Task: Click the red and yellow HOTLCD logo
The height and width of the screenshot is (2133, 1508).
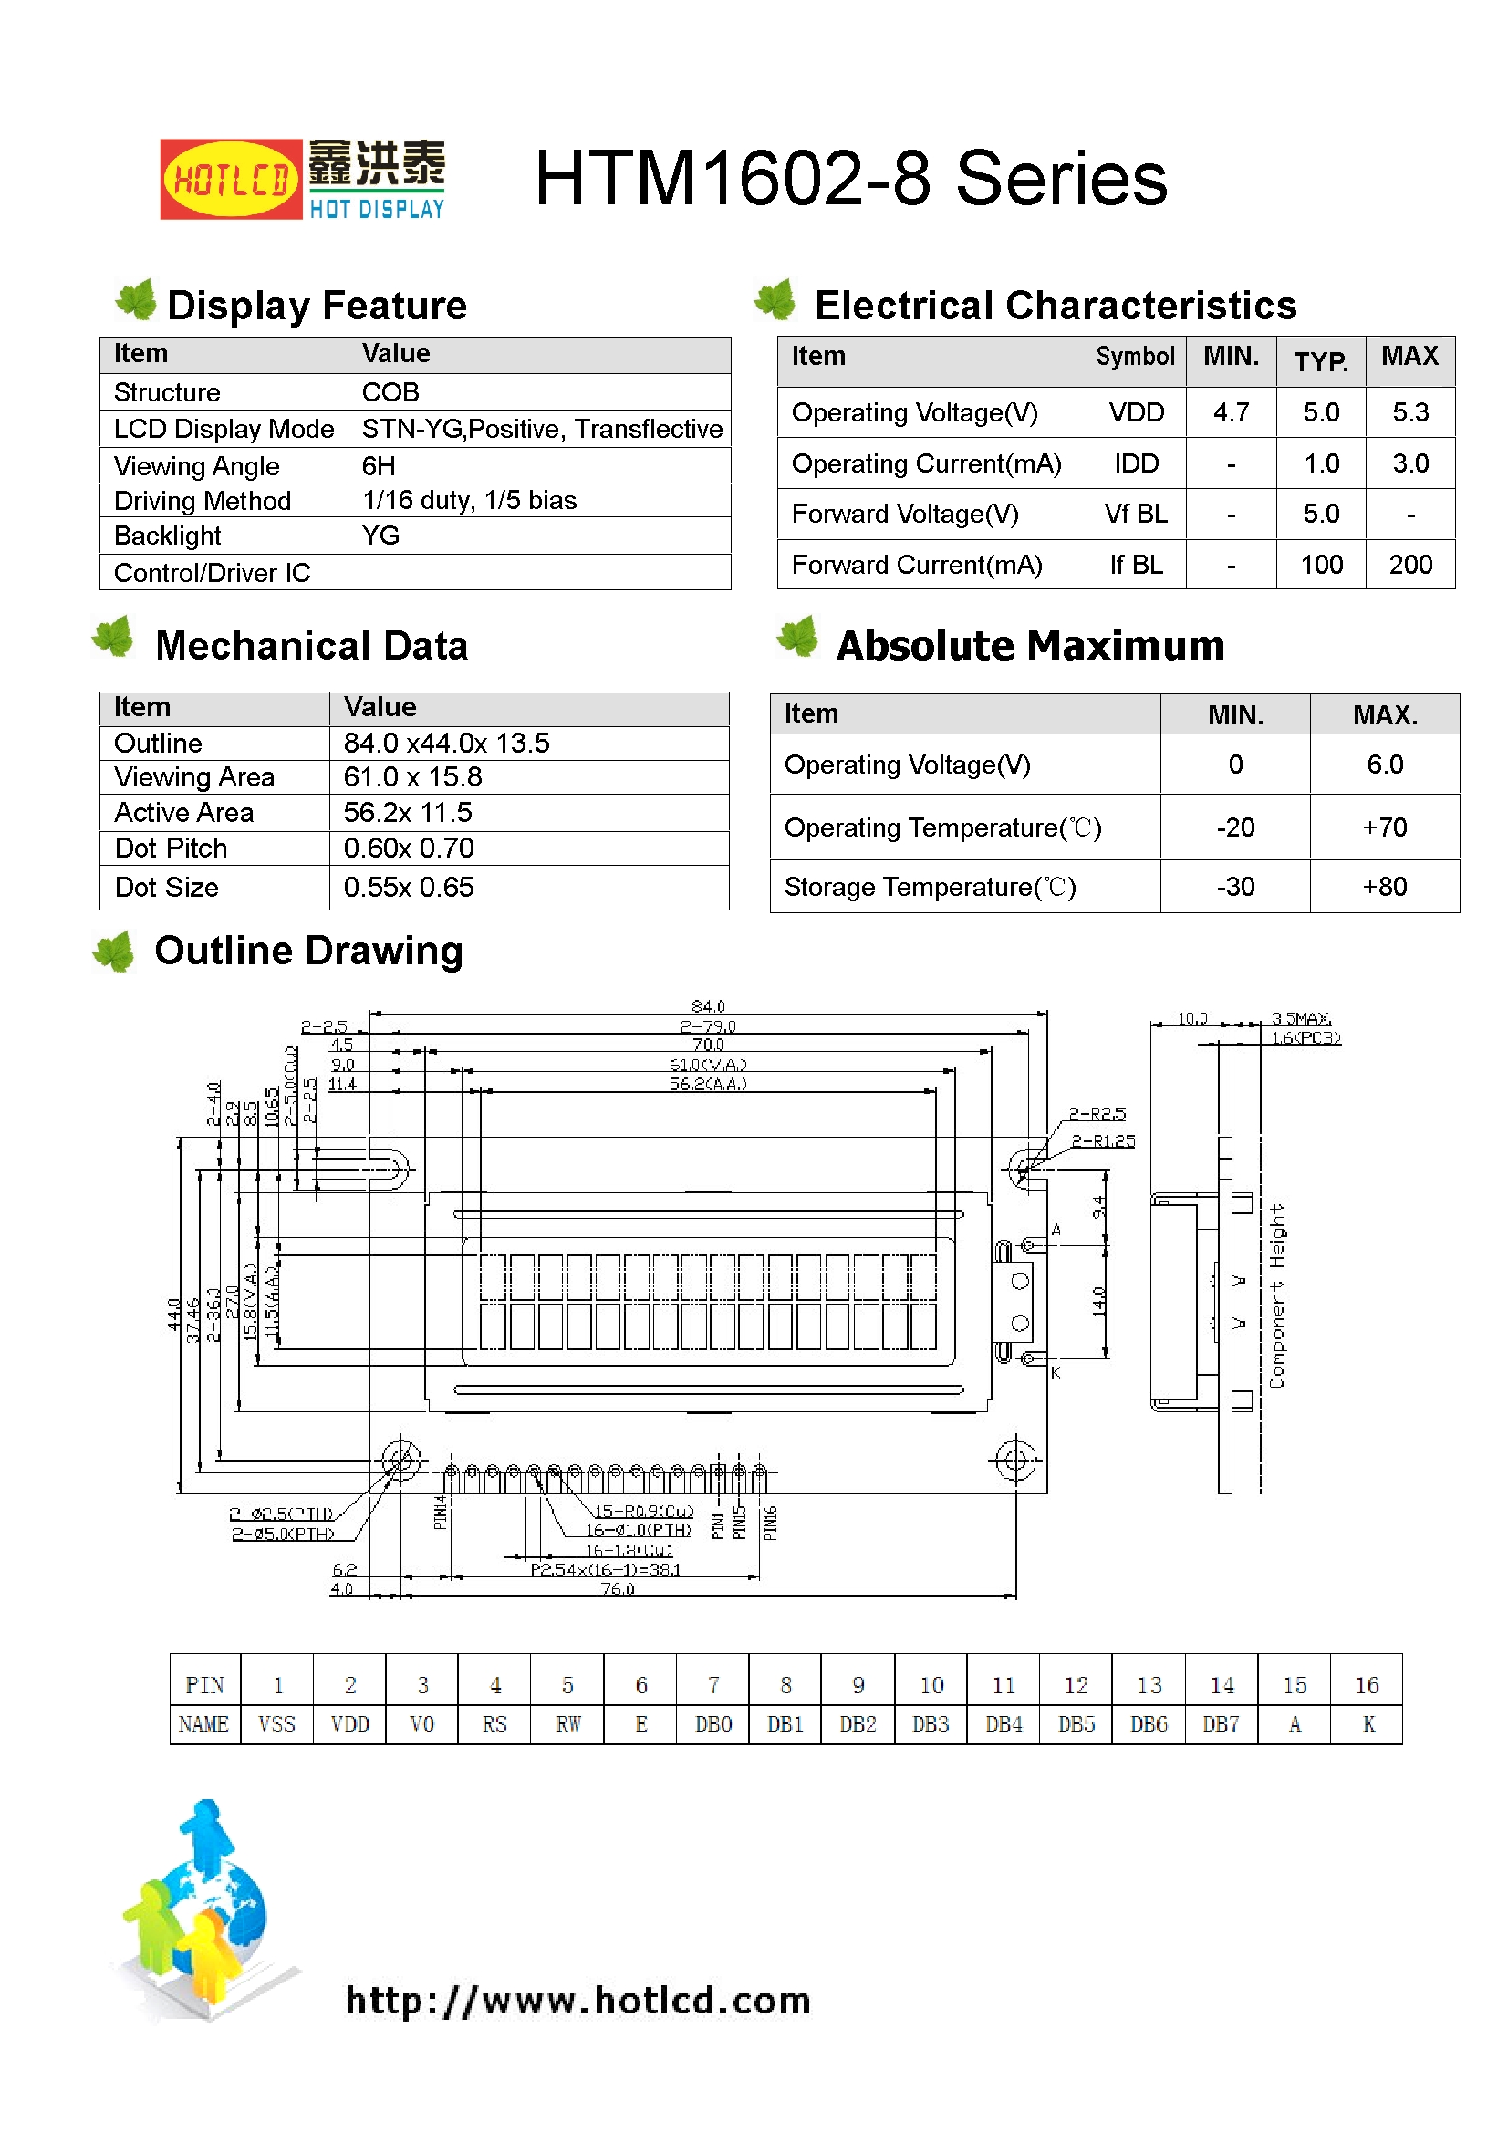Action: click(x=231, y=180)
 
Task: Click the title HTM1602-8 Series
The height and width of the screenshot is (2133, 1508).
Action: click(x=850, y=179)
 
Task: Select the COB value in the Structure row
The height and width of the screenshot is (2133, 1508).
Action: click(x=390, y=392)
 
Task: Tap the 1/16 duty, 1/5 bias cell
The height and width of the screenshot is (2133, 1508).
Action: click(x=469, y=501)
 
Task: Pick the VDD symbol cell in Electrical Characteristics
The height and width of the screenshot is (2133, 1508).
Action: click(x=1136, y=412)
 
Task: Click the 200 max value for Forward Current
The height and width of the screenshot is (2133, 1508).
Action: click(x=1409, y=565)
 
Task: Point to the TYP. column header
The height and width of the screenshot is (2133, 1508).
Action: click(x=1320, y=361)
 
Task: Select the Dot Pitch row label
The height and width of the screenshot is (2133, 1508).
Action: click(x=171, y=848)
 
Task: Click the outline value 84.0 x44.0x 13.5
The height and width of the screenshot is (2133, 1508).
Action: click(x=446, y=744)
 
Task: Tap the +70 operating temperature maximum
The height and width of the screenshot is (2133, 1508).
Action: click(x=1384, y=827)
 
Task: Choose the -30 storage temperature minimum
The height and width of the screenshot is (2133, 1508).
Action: click(x=1235, y=887)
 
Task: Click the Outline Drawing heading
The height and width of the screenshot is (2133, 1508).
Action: click(x=308, y=952)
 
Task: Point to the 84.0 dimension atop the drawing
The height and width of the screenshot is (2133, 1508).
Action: click(x=708, y=1006)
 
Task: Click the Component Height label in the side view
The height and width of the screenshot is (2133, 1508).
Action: click(x=1277, y=1295)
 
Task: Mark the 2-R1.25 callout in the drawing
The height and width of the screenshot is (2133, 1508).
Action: click(x=1103, y=1140)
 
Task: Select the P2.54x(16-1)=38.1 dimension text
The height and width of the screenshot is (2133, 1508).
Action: click(x=606, y=1570)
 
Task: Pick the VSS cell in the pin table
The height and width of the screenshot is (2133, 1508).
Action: click(x=277, y=1725)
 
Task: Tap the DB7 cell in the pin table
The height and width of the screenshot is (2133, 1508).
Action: click(x=1221, y=1725)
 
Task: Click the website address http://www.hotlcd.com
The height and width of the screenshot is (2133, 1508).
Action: click(x=577, y=2000)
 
